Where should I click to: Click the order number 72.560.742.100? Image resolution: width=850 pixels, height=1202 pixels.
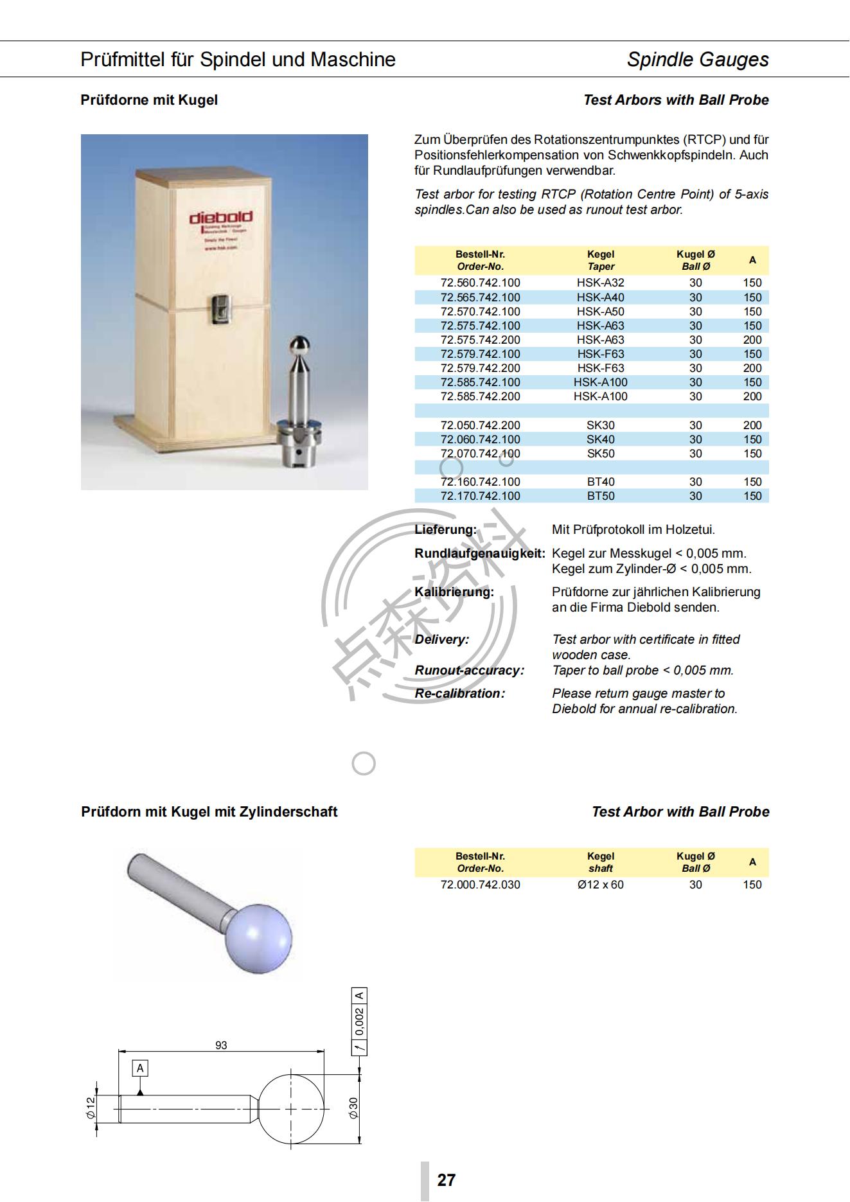[x=480, y=283]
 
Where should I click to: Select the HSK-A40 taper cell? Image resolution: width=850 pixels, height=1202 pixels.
[x=600, y=297]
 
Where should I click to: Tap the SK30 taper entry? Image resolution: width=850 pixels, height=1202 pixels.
[x=600, y=425]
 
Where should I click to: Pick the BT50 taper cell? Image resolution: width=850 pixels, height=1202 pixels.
[x=600, y=496]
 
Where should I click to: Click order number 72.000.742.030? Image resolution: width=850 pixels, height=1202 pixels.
[x=480, y=885]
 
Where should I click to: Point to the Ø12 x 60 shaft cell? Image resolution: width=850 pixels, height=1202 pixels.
[x=600, y=885]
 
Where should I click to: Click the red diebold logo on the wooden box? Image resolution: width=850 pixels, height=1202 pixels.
[x=220, y=218]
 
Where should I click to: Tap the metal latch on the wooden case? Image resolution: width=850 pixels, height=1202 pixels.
[x=220, y=308]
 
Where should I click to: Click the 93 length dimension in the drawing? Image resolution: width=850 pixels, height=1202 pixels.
[x=221, y=1045]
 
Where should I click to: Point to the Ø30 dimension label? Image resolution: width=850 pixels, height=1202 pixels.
[x=353, y=1108]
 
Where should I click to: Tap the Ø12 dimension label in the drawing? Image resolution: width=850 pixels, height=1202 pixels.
[x=91, y=1108]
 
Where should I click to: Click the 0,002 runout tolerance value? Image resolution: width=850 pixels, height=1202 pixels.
[x=360, y=1021]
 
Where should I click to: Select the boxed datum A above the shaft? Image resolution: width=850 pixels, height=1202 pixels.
[x=140, y=1068]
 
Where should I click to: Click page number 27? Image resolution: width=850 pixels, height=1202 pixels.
[x=446, y=1180]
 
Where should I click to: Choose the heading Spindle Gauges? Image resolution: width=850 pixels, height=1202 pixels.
[x=697, y=60]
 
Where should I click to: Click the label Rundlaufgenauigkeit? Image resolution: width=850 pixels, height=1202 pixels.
[x=479, y=553]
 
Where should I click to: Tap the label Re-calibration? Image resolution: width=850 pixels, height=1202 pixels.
[x=459, y=693]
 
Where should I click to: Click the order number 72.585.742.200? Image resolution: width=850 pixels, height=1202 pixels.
[x=480, y=396]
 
